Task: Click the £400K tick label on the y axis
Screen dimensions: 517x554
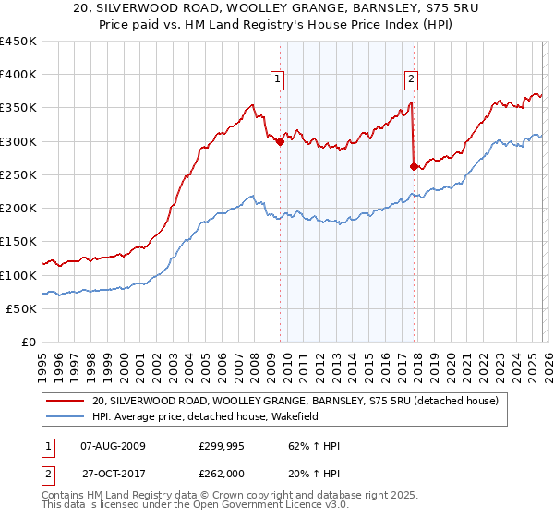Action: (x=18, y=75)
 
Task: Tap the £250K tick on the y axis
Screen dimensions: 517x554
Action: (x=18, y=174)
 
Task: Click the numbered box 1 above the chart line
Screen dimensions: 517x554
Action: (x=277, y=80)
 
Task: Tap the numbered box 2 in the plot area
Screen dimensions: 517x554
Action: (x=411, y=80)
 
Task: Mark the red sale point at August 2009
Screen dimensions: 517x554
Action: (x=280, y=141)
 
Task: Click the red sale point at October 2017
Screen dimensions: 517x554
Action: (x=414, y=167)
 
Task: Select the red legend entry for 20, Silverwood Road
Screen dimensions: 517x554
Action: (x=295, y=401)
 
